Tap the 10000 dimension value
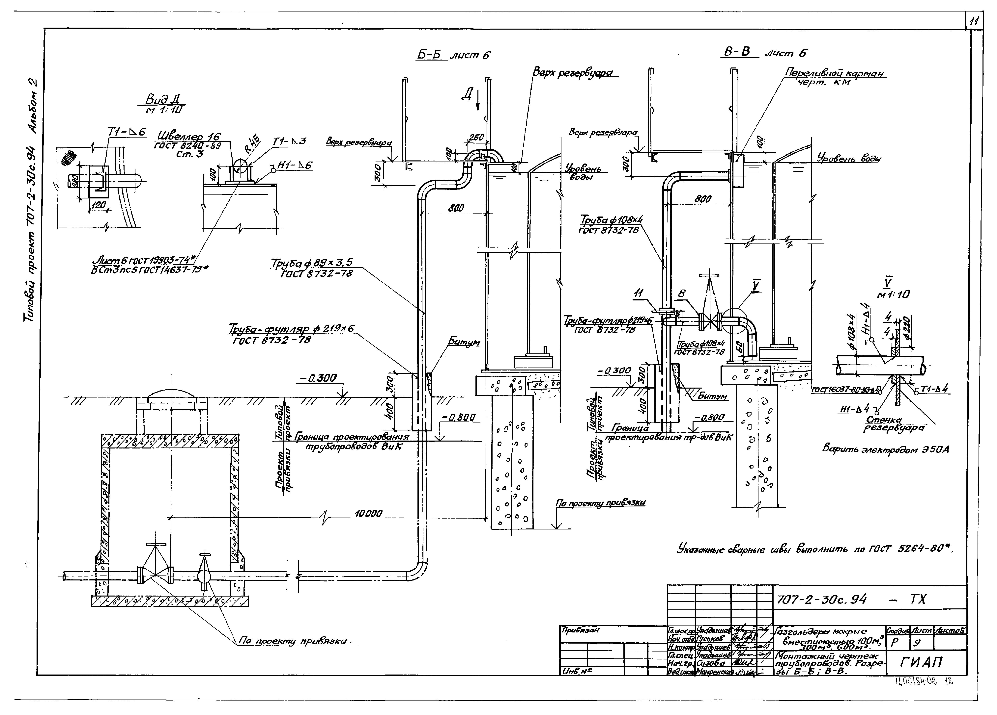(368, 513)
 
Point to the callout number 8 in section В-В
(681, 293)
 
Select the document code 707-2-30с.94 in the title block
(821, 600)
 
